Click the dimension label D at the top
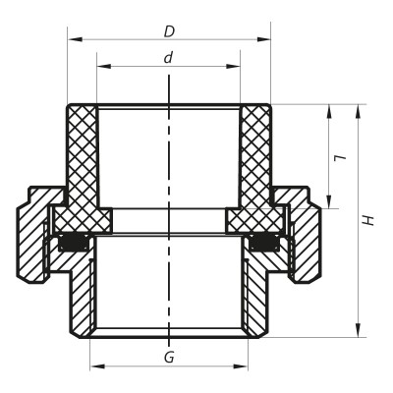point(169,30)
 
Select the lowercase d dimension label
point(168,58)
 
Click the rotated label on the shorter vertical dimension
point(338,157)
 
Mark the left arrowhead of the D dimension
point(73,40)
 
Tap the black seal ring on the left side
point(71,242)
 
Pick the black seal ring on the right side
point(265,242)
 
